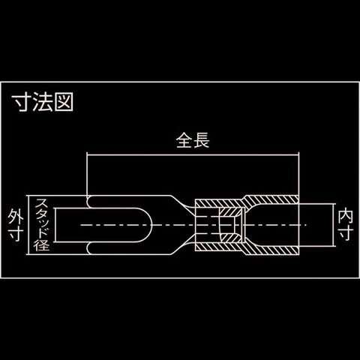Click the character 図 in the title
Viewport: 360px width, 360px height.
point(64,102)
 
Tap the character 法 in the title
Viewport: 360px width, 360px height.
point(43,102)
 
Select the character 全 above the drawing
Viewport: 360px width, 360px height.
point(184,140)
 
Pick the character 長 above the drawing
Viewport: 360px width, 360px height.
point(201,140)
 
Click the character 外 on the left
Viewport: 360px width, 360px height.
point(16,217)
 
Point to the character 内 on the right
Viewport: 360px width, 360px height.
point(345,217)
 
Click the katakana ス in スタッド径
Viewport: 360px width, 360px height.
point(41,205)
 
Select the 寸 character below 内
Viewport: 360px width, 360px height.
point(345,233)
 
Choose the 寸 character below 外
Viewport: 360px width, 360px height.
point(16,233)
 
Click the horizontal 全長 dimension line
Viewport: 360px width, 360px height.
point(193,155)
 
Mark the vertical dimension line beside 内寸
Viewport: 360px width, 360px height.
point(333,224)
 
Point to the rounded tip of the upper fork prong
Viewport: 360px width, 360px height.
point(88,202)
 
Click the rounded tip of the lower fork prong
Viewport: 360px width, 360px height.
point(88,248)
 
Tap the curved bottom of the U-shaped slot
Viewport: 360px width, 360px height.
point(150,225)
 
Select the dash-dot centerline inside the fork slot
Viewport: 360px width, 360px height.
point(115,225)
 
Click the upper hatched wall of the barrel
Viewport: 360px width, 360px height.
point(247,200)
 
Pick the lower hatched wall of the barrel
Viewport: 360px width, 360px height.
point(247,250)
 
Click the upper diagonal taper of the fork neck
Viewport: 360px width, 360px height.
point(182,204)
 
